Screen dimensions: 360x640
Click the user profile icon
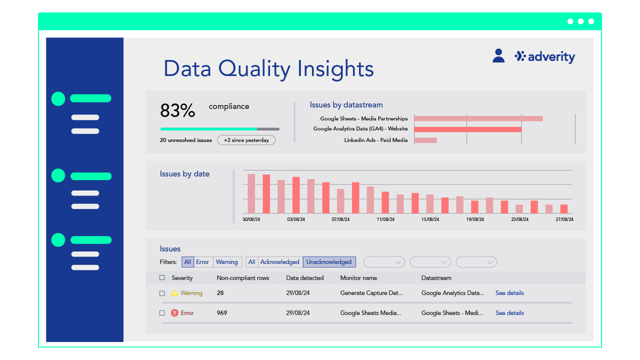tap(498, 55)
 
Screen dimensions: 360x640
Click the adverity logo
tap(545, 56)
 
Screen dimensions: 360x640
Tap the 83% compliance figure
tap(177, 110)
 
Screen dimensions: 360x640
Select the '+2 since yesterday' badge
tap(246, 140)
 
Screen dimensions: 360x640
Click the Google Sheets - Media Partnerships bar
tap(478, 118)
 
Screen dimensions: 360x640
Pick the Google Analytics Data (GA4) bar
tap(467, 129)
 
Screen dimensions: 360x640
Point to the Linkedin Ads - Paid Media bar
tap(425, 140)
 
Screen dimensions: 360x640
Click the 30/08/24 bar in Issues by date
tap(251, 193)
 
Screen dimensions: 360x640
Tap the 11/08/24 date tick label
tap(385, 219)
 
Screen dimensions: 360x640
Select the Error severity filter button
tap(202, 262)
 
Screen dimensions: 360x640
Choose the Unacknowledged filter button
tap(329, 262)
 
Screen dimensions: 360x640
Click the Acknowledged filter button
tap(279, 262)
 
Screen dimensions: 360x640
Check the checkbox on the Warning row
tap(162, 293)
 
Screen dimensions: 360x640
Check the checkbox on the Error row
tap(162, 313)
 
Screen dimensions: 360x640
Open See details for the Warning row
tap(509, 293)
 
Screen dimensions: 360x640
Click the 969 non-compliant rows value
tap(222, 313)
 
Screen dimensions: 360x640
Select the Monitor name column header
tap(358, 278)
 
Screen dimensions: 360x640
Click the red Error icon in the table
tap(174, 313)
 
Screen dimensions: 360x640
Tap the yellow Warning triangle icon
tap(174, 293)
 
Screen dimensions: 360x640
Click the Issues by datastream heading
tap(346, 105)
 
